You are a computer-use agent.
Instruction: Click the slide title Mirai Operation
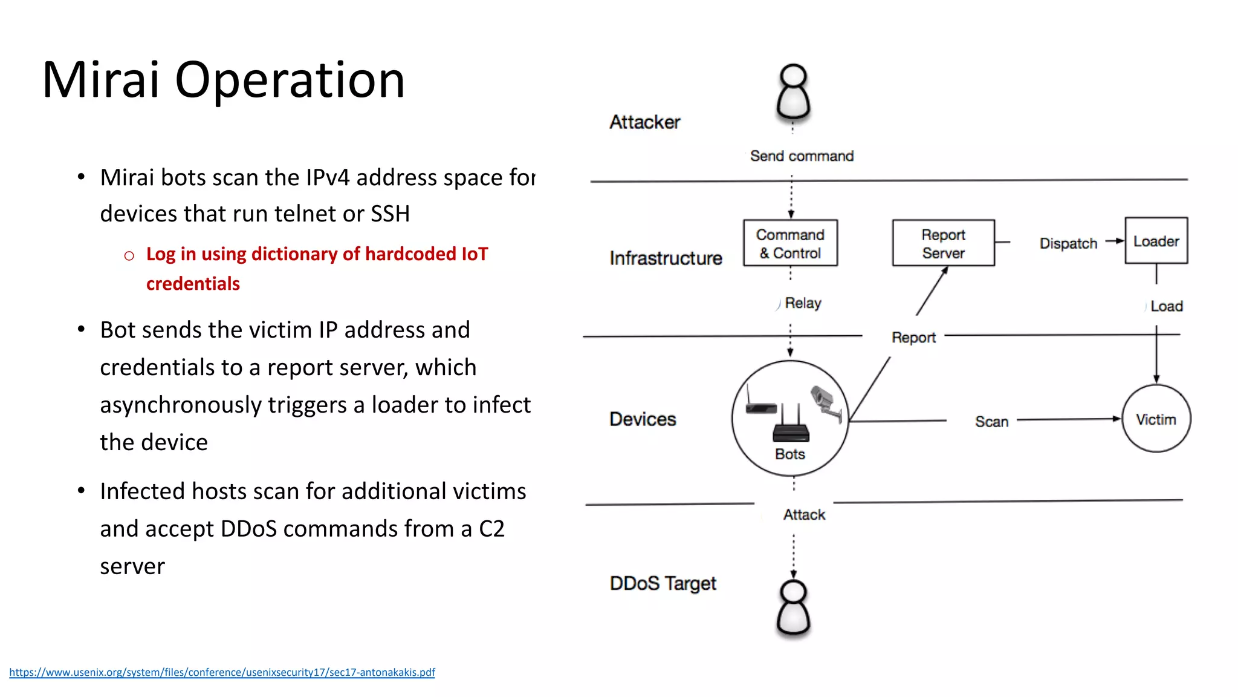pos(223,80)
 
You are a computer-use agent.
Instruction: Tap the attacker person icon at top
pos(793,92)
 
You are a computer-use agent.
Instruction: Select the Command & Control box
pos(790,243)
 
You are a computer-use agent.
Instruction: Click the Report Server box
pos(943,243)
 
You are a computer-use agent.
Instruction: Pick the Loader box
pos(1156,241)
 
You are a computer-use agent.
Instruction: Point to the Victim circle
pos(1156,419)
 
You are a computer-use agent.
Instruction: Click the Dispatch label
pos(1068,243)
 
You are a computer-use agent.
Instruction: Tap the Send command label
pos(802,156)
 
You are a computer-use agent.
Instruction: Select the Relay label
pos(803,303)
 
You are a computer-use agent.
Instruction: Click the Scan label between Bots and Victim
pos(991,422)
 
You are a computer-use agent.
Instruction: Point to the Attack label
pos(804,515)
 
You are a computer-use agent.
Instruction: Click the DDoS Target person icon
pos(793,608)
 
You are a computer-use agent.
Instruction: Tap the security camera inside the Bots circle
pos(826,403)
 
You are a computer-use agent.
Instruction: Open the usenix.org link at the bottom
pos(222,672)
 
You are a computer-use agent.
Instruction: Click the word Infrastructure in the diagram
pos(666,258)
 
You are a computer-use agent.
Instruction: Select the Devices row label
pos(643,419)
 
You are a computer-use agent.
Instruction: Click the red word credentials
pos(193,284)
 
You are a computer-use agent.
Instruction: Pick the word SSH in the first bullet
pos(390,214)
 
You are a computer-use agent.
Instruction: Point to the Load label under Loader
pos(1166,306)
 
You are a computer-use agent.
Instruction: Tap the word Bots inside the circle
pos(790,454)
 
